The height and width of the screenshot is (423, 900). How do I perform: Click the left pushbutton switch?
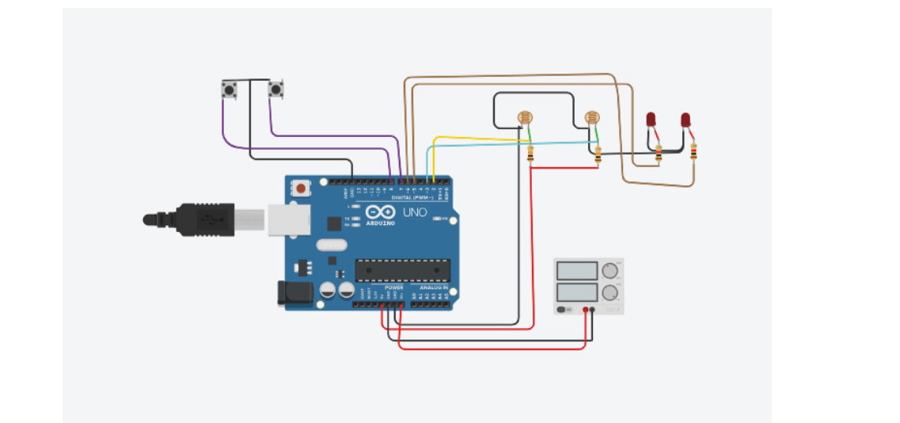pos(230,90)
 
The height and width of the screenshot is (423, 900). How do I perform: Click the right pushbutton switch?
pos(275,89)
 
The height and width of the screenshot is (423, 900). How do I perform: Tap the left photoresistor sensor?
pos(524,119)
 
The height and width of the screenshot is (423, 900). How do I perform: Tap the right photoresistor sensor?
pos(591,119)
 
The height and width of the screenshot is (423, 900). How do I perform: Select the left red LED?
pos(651,120)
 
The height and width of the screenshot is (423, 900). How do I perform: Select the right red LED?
pos(685,120)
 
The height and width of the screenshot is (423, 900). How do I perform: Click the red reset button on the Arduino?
pos(302,189)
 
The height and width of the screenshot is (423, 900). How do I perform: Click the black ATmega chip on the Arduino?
pos(402,269)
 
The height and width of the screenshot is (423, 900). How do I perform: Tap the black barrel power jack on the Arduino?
pos(291,293)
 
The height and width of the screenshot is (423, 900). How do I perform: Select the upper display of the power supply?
pos(577,271)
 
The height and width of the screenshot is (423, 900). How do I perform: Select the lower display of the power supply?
pos(577,293)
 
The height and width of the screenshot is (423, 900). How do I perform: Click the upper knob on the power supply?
pos(609,270)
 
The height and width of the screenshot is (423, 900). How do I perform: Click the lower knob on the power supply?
pos(609,293)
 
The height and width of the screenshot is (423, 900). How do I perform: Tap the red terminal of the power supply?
pos(586,309)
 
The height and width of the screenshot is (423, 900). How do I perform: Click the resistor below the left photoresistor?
pos(530,154)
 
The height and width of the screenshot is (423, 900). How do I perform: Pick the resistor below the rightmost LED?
pos(694,152)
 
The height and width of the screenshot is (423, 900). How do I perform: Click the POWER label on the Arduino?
pos(393,287)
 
